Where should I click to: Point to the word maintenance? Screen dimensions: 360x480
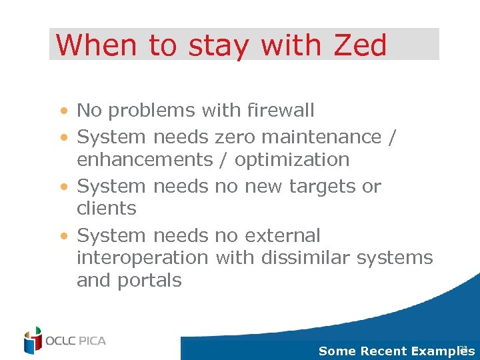tap(321, 137)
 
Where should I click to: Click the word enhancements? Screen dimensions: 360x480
tap(143, 160)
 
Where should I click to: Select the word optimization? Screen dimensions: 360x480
tap(292, 160)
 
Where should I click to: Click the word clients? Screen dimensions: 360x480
tap(107, 209)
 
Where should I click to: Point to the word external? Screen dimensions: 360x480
tap(283, 235)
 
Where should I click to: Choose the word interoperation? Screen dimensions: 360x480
tap(143, 257)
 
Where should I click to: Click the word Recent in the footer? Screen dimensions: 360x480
tap(385, 351)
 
